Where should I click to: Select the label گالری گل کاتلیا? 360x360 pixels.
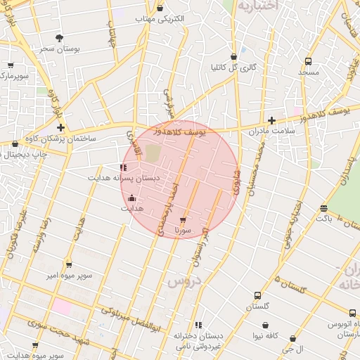click(233, 68)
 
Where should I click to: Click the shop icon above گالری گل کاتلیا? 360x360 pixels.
click(233, 57)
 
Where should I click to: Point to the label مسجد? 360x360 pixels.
click(308, 72)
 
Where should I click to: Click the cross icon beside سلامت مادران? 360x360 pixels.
click(272, 121)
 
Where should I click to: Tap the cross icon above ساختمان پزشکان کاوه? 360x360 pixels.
click(62, 128)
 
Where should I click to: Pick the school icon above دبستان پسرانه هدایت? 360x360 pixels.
click(124, 167)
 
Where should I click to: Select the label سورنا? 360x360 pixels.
click(183, 231)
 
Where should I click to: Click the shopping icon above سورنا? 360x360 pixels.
click(183, 220)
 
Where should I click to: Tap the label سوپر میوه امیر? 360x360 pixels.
click(69, 276)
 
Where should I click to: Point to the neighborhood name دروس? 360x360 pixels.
click(185, 281)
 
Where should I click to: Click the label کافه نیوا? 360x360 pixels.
click(265, 336)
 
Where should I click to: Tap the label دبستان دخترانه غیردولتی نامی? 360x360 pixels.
click(199, 340)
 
